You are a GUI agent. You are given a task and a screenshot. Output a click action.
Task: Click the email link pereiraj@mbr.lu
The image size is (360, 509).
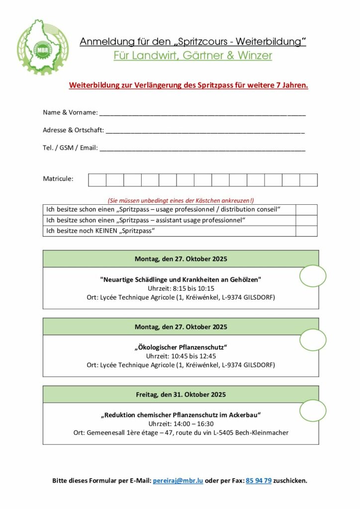coord(178,481)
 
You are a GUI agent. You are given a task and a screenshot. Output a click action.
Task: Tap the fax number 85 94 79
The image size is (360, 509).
coord(259,481)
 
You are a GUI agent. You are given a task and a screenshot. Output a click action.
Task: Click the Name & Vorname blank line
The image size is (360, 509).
coord(202,113)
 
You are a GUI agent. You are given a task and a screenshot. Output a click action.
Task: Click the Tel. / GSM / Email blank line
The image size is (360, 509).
coord(202,148)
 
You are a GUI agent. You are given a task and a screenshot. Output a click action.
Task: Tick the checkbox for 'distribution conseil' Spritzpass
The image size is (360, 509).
coord(306,209)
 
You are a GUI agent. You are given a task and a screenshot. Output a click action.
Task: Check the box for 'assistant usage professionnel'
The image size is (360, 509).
coord(306,220)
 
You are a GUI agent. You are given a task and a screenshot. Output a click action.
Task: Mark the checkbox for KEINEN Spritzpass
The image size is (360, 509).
coord(306,231)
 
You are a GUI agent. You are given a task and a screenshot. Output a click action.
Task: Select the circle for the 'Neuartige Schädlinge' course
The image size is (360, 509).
coord(313,276)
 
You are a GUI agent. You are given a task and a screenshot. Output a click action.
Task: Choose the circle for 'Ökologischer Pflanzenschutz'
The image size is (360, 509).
coord(313,339)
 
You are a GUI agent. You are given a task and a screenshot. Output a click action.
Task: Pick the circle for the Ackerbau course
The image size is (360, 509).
coord(313,411)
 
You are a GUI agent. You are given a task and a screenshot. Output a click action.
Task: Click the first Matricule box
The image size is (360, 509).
coord(97,180)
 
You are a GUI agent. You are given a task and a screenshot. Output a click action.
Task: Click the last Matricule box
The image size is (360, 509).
coord(308,180)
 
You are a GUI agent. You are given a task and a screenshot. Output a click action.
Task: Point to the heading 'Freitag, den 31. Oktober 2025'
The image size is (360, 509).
coord(181,395)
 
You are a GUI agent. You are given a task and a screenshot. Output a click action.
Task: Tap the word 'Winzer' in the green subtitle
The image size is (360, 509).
coord(254,56)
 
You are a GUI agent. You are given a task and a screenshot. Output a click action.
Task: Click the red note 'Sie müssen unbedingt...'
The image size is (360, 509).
coord(180,200)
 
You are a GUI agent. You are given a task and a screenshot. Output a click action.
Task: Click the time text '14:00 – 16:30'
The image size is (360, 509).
coord(193,424)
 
